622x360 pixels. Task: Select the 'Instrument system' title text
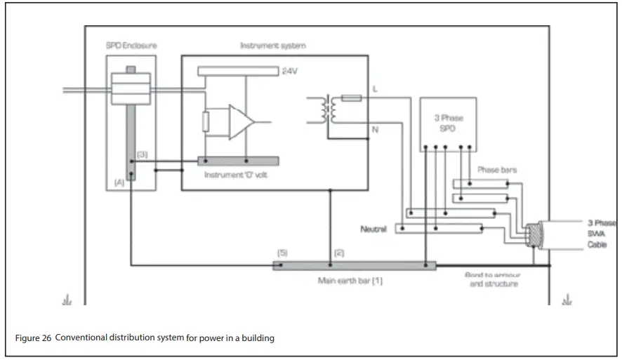coord(273,46)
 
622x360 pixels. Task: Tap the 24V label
coord(290,72)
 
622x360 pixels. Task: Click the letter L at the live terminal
coord(375,90)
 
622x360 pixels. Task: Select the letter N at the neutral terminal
coord(375,131)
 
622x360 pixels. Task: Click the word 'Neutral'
coord(373,229)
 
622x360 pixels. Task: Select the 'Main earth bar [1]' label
coord(350,280)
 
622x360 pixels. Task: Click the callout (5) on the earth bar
coord(282,252)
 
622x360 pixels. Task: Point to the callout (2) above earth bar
coord(339,252)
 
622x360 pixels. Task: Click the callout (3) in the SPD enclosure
coord(143,154)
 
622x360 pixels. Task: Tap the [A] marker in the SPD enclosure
coord(119,182)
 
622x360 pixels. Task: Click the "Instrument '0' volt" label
coord(236,174)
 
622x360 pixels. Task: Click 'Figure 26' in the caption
coord(33,338)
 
